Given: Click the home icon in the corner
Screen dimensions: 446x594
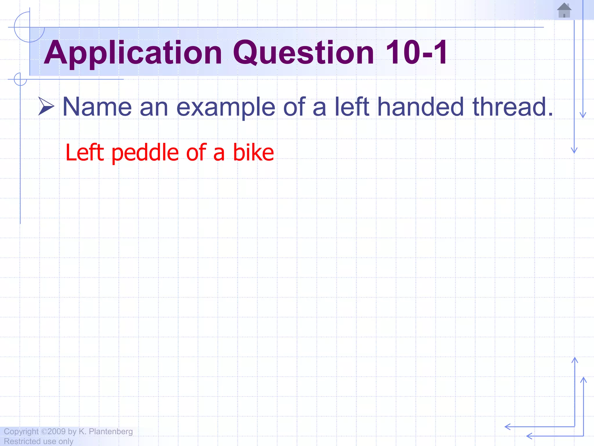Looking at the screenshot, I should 564,10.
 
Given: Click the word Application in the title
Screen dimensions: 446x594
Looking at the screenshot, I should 133,53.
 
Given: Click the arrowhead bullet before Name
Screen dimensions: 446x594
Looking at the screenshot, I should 46,106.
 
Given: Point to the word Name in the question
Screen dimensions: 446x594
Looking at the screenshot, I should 97,107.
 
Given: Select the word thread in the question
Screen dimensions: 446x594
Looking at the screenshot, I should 512,107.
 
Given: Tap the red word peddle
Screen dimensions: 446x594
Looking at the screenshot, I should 145,153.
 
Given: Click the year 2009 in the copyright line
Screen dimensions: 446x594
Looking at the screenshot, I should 57,431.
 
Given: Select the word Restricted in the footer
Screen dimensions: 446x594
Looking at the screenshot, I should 22,441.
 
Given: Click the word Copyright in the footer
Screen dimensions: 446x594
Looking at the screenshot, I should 21,431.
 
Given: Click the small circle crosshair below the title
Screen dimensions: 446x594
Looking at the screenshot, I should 20,79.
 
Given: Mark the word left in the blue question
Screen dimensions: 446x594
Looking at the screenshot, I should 352,107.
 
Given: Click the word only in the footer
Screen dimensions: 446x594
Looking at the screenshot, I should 66,441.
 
